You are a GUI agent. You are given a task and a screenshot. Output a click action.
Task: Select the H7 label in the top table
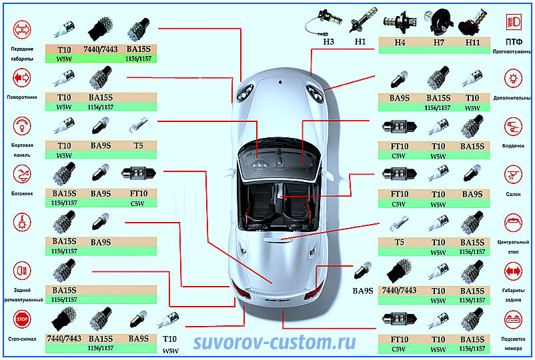(x=438, y=41)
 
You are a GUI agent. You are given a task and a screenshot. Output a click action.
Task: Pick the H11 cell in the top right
(x=472, y=41)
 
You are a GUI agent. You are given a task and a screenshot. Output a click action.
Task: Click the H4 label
(x=400, y=41)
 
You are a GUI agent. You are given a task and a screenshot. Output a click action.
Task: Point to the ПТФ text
(x=513, y=41)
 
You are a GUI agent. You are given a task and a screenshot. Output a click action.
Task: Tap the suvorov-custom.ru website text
(x=274, y=342)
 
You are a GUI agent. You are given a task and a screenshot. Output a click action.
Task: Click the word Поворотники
(x=23, y=97)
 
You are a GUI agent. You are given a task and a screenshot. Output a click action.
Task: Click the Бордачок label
(x=513, y=146)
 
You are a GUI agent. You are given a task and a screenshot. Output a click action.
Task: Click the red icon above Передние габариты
(x=22, y=29)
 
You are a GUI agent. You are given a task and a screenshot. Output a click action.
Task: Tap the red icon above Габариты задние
(x=513, y=271)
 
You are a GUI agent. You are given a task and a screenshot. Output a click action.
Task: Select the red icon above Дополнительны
(x=513, y=78)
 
